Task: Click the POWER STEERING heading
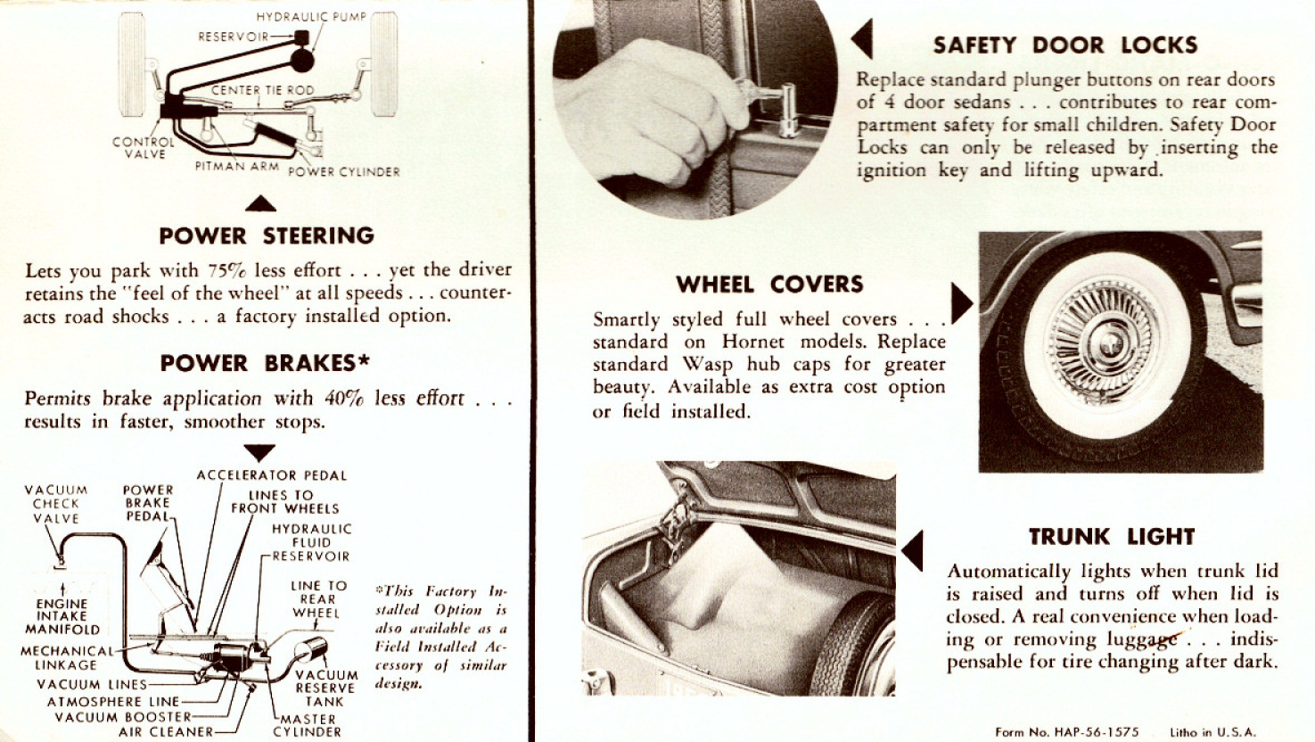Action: (x=267, y=236)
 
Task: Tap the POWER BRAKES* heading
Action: (x=265, y=364)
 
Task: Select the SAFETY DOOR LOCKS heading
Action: (x=1065, y=45)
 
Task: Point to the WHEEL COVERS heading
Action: (x=769, y=284)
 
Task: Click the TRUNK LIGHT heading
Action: (x=1112, y=537)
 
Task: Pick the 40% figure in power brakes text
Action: (x=344, y=399)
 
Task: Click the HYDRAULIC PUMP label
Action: (x=311, y=17)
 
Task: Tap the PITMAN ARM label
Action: (x=237, y=166)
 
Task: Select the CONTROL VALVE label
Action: (x=144, y=147)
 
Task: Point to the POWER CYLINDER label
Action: (x=344, y=171)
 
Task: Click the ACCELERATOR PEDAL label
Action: (x=272, y=475)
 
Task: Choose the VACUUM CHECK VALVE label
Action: (x=56, y=504)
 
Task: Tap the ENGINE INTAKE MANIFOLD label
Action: (x=62, y=616)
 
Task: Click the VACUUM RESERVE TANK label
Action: (x=326, y=688)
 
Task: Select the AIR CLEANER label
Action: (x=166, y=731)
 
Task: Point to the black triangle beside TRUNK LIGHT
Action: (x=912, y=550)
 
